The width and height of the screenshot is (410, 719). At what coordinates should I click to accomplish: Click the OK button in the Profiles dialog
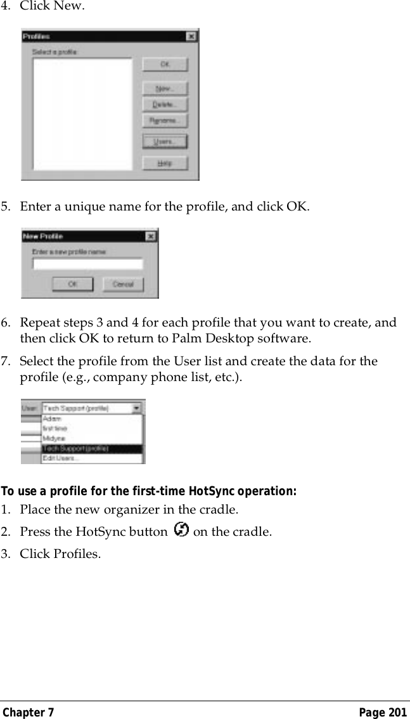165,64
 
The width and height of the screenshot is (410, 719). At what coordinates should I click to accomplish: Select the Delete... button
165,104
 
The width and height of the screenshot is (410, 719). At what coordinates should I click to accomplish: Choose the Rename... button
165,120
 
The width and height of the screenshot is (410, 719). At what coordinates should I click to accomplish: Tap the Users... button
165,141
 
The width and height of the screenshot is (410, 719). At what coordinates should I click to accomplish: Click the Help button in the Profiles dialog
165,163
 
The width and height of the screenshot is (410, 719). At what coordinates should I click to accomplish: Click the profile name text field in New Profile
87,264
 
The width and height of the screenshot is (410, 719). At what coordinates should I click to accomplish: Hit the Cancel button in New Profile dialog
123,284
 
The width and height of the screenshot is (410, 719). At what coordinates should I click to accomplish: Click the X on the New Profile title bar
151,236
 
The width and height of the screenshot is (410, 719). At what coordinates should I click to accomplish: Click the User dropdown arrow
137,409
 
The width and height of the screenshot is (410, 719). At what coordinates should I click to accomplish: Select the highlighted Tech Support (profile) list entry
75,448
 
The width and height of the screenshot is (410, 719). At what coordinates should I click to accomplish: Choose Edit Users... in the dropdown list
61,458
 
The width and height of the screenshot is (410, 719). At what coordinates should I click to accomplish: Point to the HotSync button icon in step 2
180,529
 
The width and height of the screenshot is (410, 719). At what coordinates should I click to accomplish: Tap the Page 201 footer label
383,713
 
